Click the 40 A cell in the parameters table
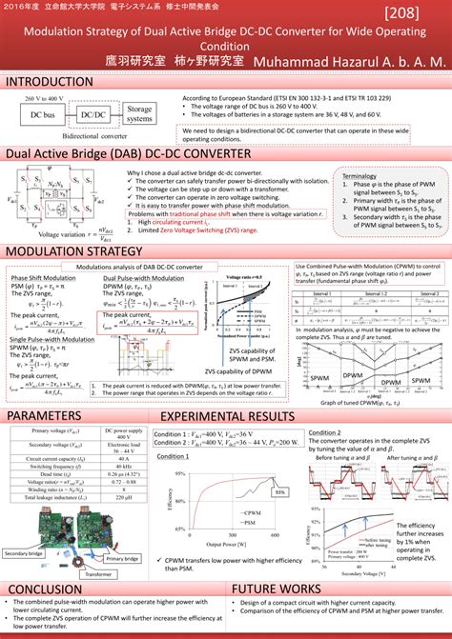[122, 485]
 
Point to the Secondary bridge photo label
[25, 552]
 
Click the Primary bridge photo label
[122, 559]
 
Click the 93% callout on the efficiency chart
[280, 519]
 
